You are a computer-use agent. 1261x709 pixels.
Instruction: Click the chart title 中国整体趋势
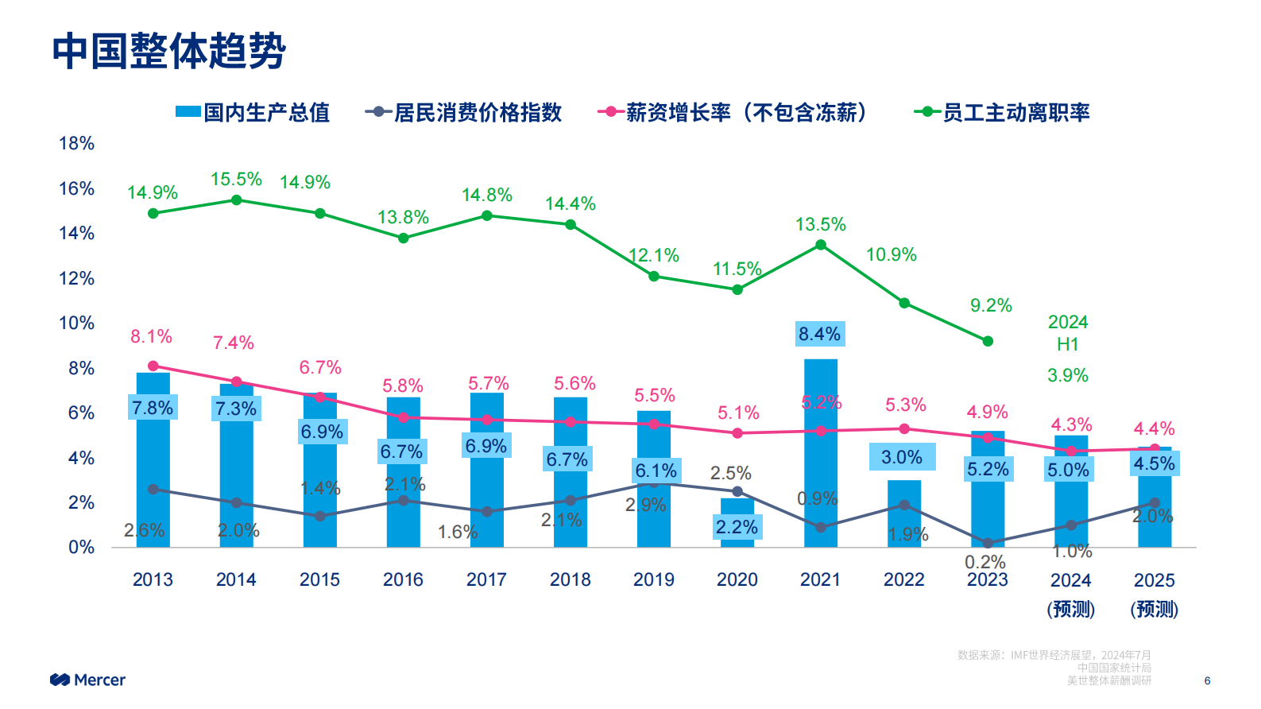click(168, 51)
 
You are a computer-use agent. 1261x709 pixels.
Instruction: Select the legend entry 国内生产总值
click(253, 113)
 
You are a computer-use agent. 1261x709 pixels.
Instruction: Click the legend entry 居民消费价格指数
click(464, 113)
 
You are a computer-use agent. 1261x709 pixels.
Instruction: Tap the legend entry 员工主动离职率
click(1003, 113)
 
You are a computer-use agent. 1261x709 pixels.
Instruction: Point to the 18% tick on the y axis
click(76, 144)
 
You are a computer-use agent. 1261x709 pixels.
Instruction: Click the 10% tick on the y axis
click(76, 324)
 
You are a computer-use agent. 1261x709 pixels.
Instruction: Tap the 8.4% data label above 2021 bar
click(819, 334)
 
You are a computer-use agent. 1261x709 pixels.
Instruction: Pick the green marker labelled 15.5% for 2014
click(236, 200)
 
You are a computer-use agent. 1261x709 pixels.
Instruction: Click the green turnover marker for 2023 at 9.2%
click(987, 341)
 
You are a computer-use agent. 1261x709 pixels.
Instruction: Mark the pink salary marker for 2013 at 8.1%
click(153, 366)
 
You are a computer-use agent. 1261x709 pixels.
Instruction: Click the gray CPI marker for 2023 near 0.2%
click(987, 543)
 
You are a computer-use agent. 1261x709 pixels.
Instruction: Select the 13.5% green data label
click(820, 225)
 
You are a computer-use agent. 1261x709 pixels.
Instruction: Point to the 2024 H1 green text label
click(1067, 333)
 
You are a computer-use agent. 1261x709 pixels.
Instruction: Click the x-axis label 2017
click(486, 579)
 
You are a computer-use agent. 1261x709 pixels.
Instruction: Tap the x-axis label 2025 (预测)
click(1154, 595)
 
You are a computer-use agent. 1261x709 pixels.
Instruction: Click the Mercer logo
click(87, 680)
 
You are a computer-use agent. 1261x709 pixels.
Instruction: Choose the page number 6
click(1207, 680)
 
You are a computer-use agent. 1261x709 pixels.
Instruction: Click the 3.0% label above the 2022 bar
click(902, 457)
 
